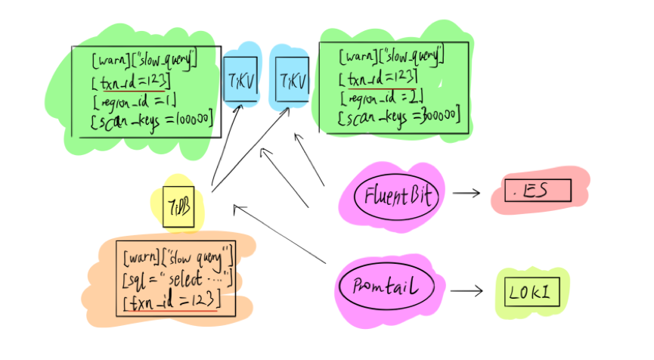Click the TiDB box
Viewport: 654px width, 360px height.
(x=178, y=206)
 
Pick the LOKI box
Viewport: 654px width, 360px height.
(x=532, y=291)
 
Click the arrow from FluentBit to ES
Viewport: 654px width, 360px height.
(x=466, y=193)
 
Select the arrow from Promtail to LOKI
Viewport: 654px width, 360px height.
(x=466, y=290)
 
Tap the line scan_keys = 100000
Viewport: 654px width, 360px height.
(x=151, y=119)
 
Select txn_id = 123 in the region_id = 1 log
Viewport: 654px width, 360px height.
(x=129, y=79)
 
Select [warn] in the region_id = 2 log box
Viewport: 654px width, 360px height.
(x=353, y=57)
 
